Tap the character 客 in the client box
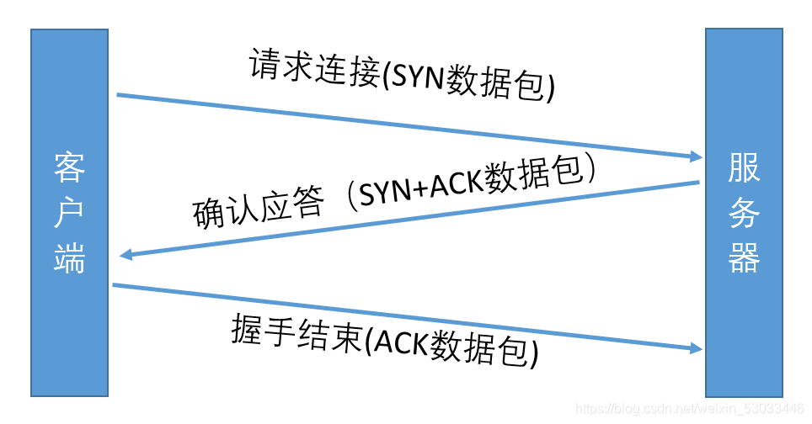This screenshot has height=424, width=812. (70, 168)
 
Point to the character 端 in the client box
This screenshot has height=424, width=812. (70, 259)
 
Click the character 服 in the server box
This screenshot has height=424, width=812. (745, 168)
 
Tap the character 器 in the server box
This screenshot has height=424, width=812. (745, 259)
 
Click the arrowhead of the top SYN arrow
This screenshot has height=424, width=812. (696, 156)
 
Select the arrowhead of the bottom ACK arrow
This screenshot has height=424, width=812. (696, 347)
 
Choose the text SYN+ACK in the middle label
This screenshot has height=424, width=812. (426, 186)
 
